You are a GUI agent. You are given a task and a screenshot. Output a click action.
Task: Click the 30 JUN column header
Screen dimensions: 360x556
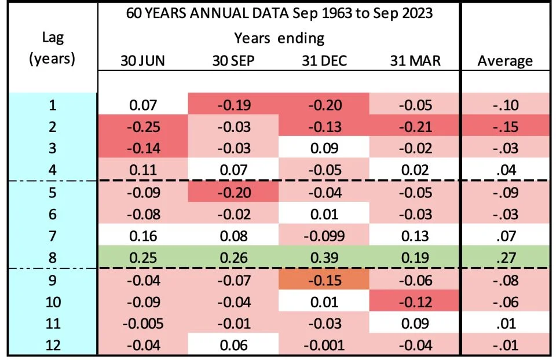[142, 61]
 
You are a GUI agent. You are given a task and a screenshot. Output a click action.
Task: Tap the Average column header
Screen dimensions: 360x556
[505, 61]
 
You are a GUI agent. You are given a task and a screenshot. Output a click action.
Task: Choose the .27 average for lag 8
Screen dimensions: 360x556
[505, 258]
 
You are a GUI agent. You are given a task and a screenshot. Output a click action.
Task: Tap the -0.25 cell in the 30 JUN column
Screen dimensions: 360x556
[142, 126]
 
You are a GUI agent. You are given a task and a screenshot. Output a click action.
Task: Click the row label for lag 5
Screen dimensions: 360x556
[52, 193]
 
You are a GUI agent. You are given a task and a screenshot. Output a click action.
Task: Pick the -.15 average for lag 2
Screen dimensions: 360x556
[505, 126]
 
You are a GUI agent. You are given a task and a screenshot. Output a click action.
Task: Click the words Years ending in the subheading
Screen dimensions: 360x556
[279, 38]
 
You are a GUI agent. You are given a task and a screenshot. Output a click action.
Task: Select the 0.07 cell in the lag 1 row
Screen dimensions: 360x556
[142, 104]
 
